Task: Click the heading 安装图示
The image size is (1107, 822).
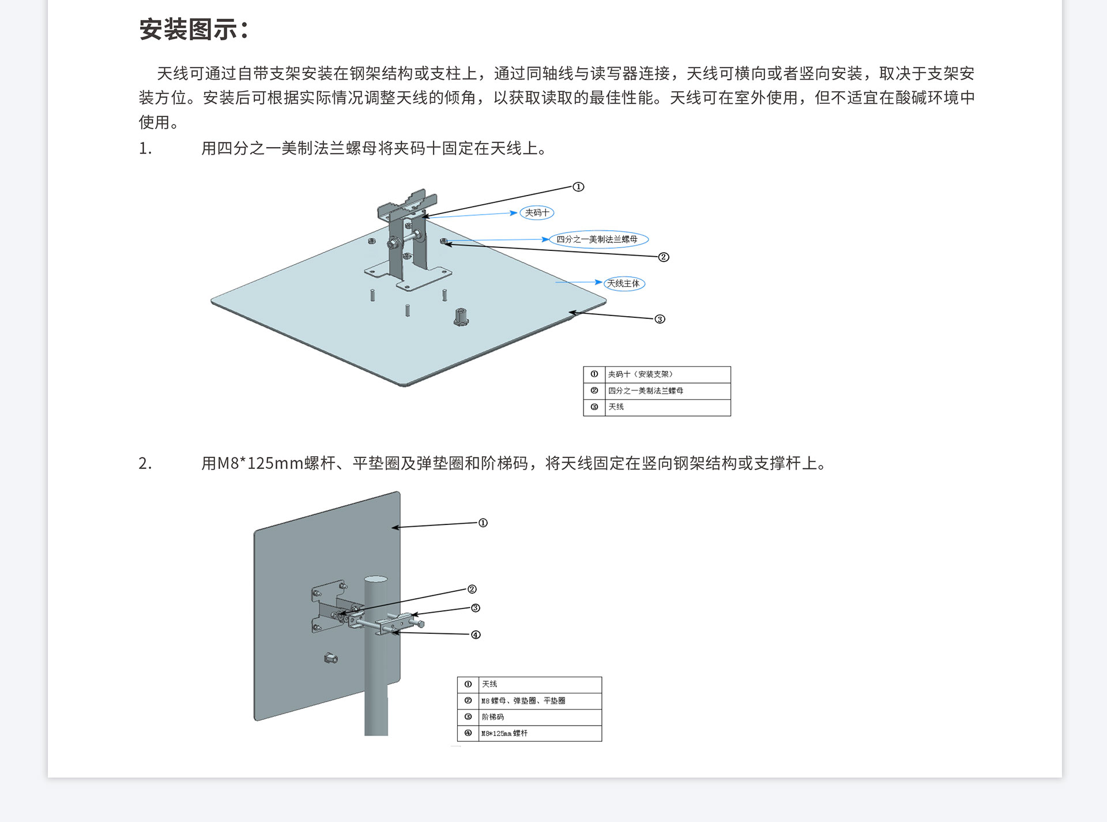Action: pyautogui.click(x=194, y=29)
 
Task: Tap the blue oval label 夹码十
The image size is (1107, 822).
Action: pyautogui.click(x=537, y=213)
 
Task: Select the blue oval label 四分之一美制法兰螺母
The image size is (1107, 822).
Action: pyautogui.click(x=598, y=239)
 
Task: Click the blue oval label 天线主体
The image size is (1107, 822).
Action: pyautogui.click(x=624, y=284)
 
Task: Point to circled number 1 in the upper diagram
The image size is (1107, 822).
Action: pyautogui.click(x=578, y=187)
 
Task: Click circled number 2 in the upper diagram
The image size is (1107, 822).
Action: pyautogui.click(x=664, y=257)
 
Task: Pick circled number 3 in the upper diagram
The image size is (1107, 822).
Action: pyautogui.click(x=660, y=319)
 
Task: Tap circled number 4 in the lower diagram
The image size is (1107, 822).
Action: pyautogui.click(x=476, y=635)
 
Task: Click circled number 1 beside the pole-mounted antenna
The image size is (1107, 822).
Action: pyautogui.click(x=483, y=523)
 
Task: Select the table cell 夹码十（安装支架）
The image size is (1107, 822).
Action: pyautogui.click(x=640, y=374)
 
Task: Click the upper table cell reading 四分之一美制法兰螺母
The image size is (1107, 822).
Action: pyautogui.click(x=646, y=391)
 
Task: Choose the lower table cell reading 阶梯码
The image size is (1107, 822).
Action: pyautogui.click(x=493, y=717)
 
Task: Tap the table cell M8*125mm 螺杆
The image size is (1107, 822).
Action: pyautogui.click(x=504, y=734)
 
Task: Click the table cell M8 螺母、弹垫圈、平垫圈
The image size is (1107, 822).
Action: pyautogui.click(x=523, y=701)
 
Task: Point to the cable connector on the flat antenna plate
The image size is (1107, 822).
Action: pyautogui.click(x=461, y=317)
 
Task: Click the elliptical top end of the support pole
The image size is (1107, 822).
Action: pyautogui.click(x=376, y=579)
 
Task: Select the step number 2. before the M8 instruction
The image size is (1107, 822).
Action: pyautogui.click(x=145, y=463)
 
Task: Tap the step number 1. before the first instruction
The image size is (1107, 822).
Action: pyautogui.click(x=145, y=149)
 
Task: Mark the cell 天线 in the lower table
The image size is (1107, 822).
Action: pyautogui.click(x=490, y=684)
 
